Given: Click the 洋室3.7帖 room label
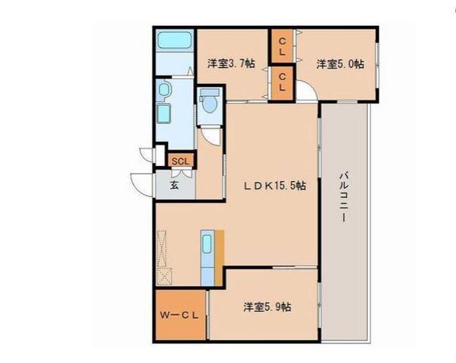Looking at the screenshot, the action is pyautogui.click(x=231, y=63).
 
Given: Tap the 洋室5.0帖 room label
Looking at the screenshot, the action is pyautogui.click(x=340, y=64).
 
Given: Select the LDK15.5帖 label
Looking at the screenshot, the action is pyautogui.click(x=275, y=186).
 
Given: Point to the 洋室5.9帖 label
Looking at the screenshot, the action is pyautogui.click(x=268, y=307).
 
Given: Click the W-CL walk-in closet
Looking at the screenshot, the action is pyautogui.click(x=181, y=315).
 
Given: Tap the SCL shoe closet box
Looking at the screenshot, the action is pyautogui.click(x=181, y=161).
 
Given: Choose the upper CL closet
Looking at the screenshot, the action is pyautogui.click(x=282, y=46).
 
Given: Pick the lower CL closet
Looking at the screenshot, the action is pyautogui.click(x=282, y=83).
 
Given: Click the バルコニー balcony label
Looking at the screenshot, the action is pyautogui.click(x=344, y=197).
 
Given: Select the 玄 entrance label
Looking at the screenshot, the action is pyautogui.click(x=174, y=185).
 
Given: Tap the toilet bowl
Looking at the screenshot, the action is pyautogui.click(x=210, y=104).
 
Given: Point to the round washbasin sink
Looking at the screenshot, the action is pyautogui.click(x=164, y=90).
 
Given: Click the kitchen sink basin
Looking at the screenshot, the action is pyautogui.click(x=207, y=244).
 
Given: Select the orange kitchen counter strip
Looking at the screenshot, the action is pyautogui.click(x=220, y=258).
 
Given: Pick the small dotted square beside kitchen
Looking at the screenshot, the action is pyautogui.click(x=164, y=276).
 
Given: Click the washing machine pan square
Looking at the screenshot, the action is pyautogui.click(x=163, y=113).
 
